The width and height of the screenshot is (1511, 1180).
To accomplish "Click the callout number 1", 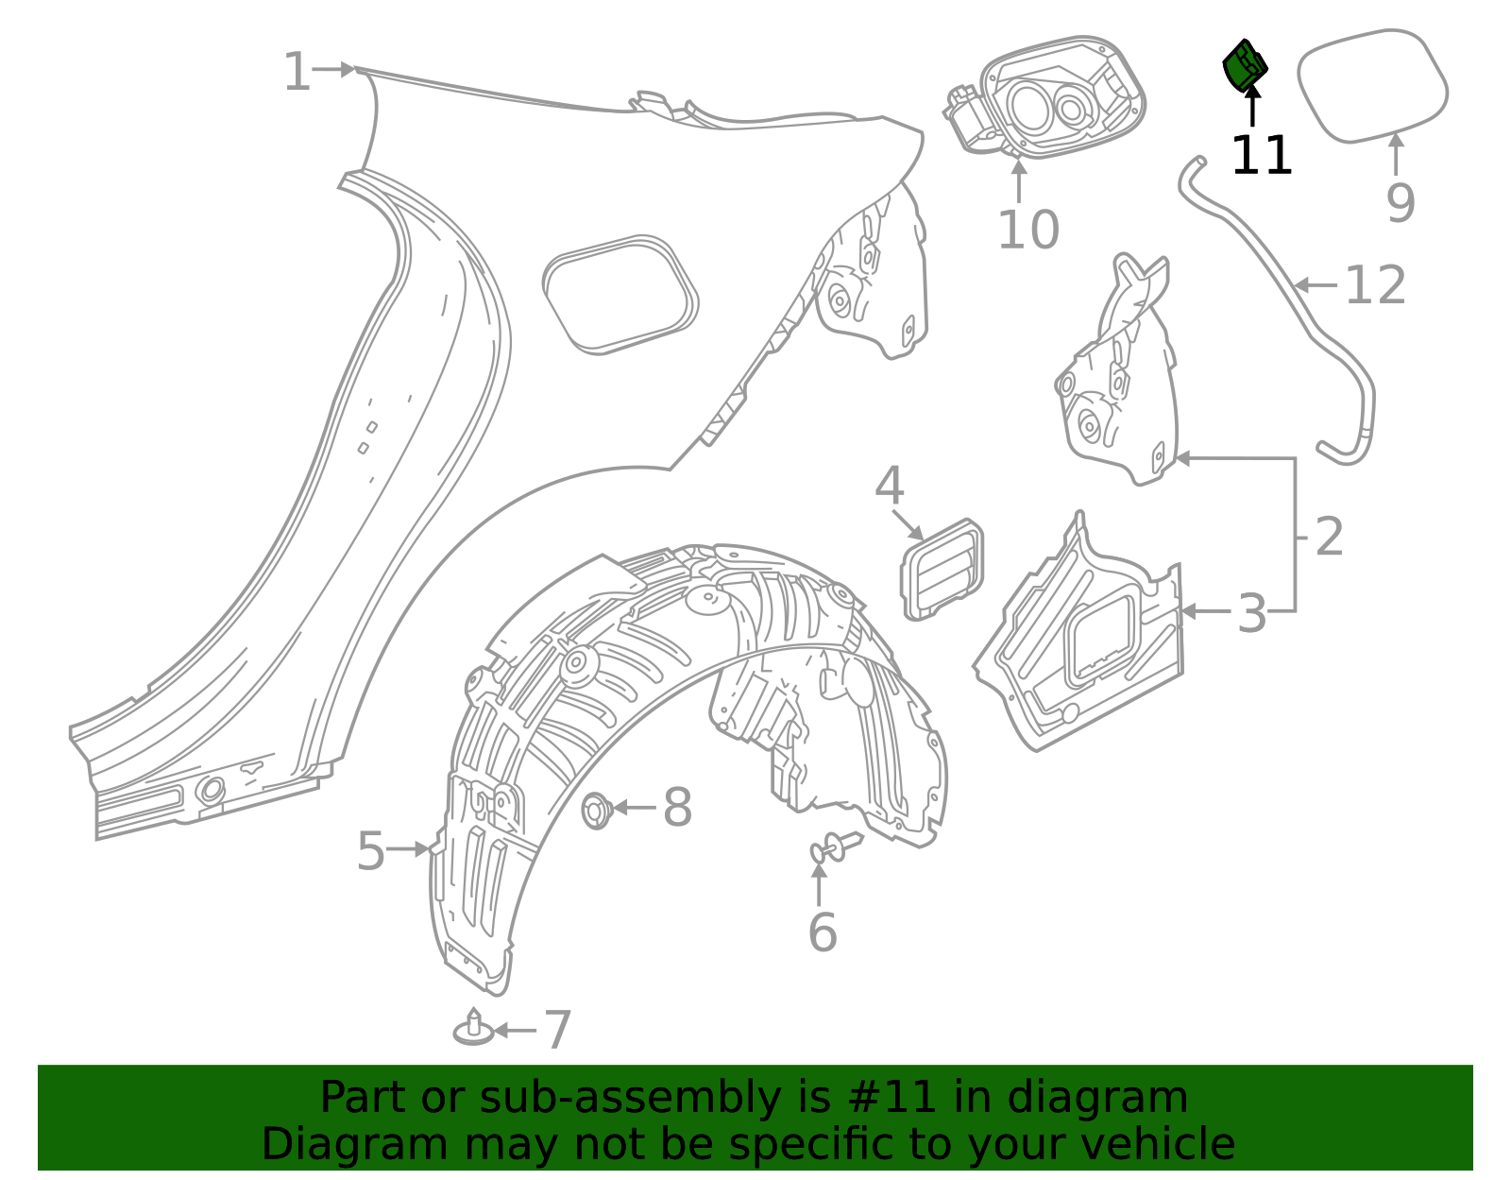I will (x=297, y=73).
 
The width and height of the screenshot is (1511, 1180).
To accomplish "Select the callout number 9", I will (x=1401, y=202).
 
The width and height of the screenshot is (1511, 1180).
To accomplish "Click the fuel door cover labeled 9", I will (x=1372, y=86).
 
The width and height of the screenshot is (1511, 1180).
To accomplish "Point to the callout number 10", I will (x=1028, y=230).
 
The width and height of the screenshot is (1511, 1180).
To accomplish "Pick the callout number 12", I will (x=1375, y=285).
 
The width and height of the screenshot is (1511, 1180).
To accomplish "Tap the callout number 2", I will (x=1329, y=537).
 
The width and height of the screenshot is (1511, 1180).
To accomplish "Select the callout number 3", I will (x=1251, y=614).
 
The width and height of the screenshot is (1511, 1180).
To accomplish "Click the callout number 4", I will (x=889, y=487).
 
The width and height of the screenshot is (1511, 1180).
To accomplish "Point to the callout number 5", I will (x=371, y=851).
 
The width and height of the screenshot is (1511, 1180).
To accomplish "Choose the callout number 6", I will (x=823, y=932).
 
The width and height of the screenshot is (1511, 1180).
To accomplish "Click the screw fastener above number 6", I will (x=836, y=847).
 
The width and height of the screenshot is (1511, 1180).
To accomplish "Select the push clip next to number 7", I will (x=473, y=1029).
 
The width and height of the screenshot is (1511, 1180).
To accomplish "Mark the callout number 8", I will (x=677, y=809).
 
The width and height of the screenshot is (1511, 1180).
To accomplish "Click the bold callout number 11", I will (x=1261, y=156).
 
